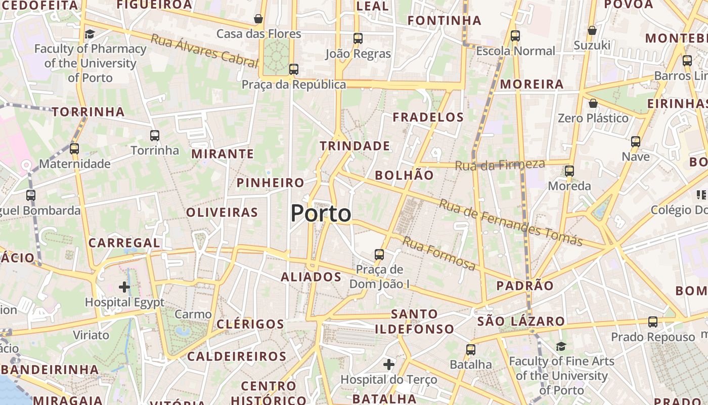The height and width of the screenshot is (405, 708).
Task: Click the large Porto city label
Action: click(x=321, y=213)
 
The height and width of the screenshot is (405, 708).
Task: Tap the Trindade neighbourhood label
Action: click(x=355, y=146)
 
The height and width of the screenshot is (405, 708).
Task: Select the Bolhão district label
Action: click(x=404, y=175)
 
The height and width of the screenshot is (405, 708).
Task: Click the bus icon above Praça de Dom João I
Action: click(x=379, y=255)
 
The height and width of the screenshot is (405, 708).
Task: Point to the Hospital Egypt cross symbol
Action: click(x=124, y=287)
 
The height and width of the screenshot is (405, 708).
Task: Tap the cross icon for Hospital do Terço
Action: click(x=388, y=364)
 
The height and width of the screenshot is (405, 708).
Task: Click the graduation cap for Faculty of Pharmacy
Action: click(x=90, y=34)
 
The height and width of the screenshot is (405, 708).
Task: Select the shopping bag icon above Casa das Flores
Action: click(x=258, y=19)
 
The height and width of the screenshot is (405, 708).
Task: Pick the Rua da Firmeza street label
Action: click(x=500, y=165)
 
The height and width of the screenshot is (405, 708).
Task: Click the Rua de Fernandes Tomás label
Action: click(x=510, y=222)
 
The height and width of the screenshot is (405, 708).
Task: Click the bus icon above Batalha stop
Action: click(x=471, y=349)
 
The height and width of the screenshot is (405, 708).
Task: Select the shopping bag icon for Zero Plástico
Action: click(x=593, y=103)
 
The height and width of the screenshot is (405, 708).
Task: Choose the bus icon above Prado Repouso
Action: click(x=653, y=322)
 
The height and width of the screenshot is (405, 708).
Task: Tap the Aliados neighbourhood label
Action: click(x=311, y=277)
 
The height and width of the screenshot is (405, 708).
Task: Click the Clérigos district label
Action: click(x=250, y=324)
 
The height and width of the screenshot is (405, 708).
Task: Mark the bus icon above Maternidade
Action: click(x=74, y=149)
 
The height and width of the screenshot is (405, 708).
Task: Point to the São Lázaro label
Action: click(x=521, y=321)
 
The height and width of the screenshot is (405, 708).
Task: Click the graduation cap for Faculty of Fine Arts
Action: click(x=561, y=347)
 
